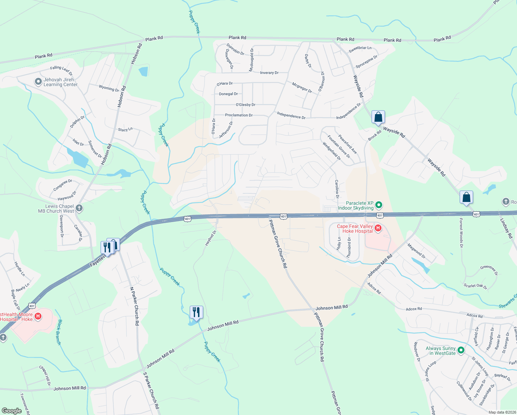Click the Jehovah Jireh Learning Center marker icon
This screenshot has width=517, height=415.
(38, 82)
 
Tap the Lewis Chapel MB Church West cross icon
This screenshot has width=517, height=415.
(79, 208)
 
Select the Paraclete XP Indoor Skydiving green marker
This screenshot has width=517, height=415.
(379, 205)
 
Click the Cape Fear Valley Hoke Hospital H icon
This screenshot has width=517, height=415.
(378, 228)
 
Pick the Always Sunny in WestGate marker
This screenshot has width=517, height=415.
(461, 350)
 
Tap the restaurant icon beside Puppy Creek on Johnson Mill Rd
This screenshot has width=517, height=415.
(196, 312)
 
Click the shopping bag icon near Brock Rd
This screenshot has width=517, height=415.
(378, 117)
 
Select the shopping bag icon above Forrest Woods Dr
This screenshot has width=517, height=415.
(466, 197)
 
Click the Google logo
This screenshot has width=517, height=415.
(11, 411)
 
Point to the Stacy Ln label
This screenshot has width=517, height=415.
(125, 130)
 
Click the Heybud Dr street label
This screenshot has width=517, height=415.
(210, 238)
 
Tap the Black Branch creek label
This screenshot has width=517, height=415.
(59, 332)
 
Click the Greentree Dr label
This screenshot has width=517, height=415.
(489, 270)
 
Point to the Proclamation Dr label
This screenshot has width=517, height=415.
(239, 115)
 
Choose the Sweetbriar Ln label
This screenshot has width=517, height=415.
(360, 49)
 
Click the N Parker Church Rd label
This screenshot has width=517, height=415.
(134, 306)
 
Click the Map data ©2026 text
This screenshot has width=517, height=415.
(501, 412)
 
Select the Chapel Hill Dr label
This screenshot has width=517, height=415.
(45, 376)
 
